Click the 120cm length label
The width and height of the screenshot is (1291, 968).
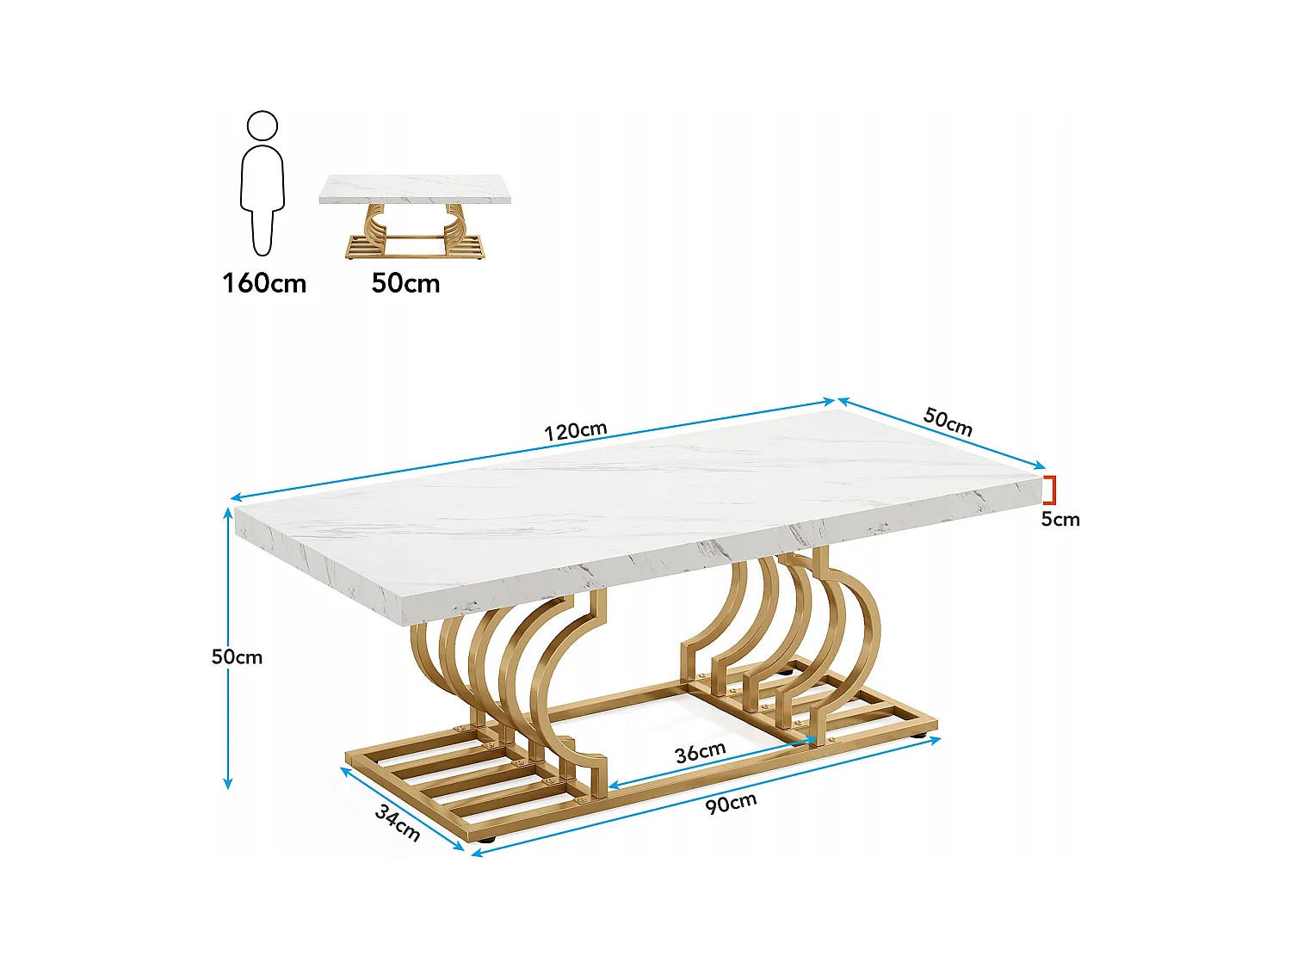(x=575, y=430)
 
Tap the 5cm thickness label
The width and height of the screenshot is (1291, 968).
(x=1059, y=519)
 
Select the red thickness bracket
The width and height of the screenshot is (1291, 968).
(x=1050, y=490)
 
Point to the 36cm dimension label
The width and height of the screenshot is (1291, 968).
(x=700, y=753)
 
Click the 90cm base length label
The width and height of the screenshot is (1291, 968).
(x=731, y=804)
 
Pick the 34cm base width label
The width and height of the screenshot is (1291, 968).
(x=398, y=823)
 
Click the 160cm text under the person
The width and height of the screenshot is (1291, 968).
(x=264, y=283)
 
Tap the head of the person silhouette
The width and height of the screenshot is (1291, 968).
(x=263, y=126)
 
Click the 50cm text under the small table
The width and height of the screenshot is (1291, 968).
(x=405, y=283)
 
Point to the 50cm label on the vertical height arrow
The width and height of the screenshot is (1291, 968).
(x=237, y=657)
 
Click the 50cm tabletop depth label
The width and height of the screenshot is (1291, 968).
(x=948, y=422)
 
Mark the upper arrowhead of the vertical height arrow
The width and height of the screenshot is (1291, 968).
(x=228, y=513)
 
